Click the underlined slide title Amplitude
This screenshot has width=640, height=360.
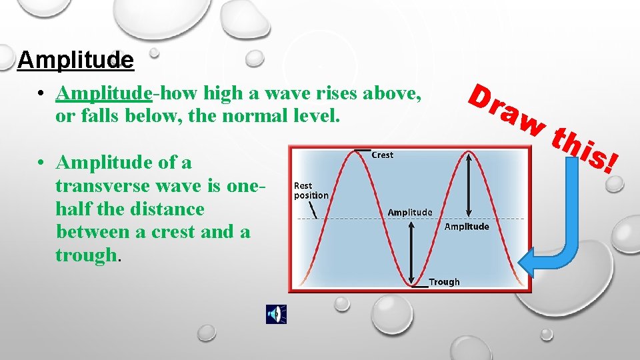[x=75, y=61]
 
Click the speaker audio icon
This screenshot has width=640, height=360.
[x=276, y=314]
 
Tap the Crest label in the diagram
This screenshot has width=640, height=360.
[x=382, y=155]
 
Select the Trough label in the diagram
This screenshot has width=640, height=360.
[x=444, y=282]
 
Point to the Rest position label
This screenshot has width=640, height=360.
[x=311, y=191]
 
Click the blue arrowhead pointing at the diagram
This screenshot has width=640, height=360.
[x=531, y=261]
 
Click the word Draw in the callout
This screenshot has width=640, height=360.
[x=506, y=109]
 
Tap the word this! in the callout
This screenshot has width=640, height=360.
[x=587, y=151]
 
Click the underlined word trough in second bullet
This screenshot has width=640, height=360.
[x=85, y=255]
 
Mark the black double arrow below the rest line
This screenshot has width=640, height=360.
[x=411, y=253]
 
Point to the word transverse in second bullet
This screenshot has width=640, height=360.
[x=103, y=185]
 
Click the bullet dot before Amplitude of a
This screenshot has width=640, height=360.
[x=41, y=163]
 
